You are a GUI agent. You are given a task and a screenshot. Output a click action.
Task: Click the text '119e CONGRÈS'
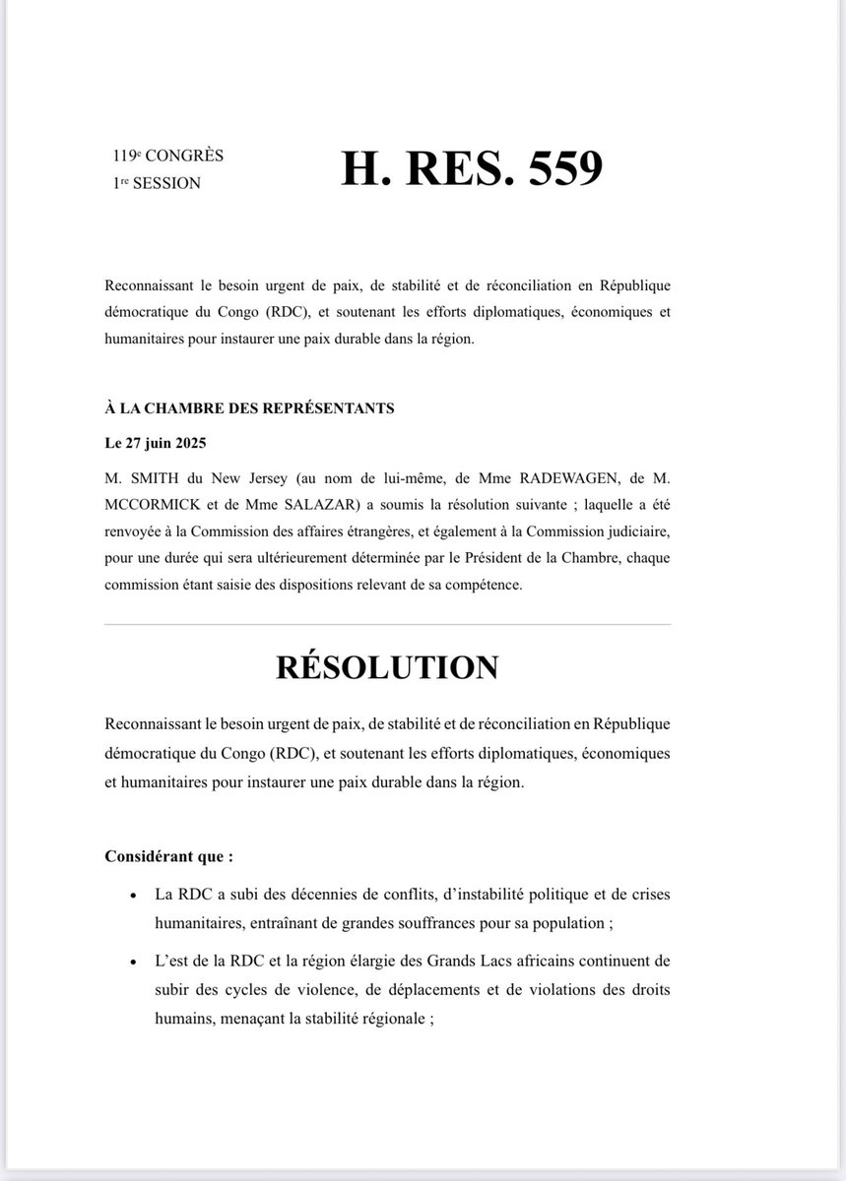pos(167,155)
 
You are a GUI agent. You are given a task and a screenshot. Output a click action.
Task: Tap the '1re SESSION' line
pos(157,183)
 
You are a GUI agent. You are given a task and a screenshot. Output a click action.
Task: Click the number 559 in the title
pos(553,168)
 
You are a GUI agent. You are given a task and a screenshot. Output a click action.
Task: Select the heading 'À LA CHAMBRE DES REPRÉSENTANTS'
pos(249,407)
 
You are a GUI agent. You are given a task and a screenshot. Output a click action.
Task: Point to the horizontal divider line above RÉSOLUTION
pos(387,624)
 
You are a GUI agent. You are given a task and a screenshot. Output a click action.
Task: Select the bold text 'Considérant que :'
pos(168,856)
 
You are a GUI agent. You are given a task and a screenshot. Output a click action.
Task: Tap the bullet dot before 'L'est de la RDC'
pos(132,961)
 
